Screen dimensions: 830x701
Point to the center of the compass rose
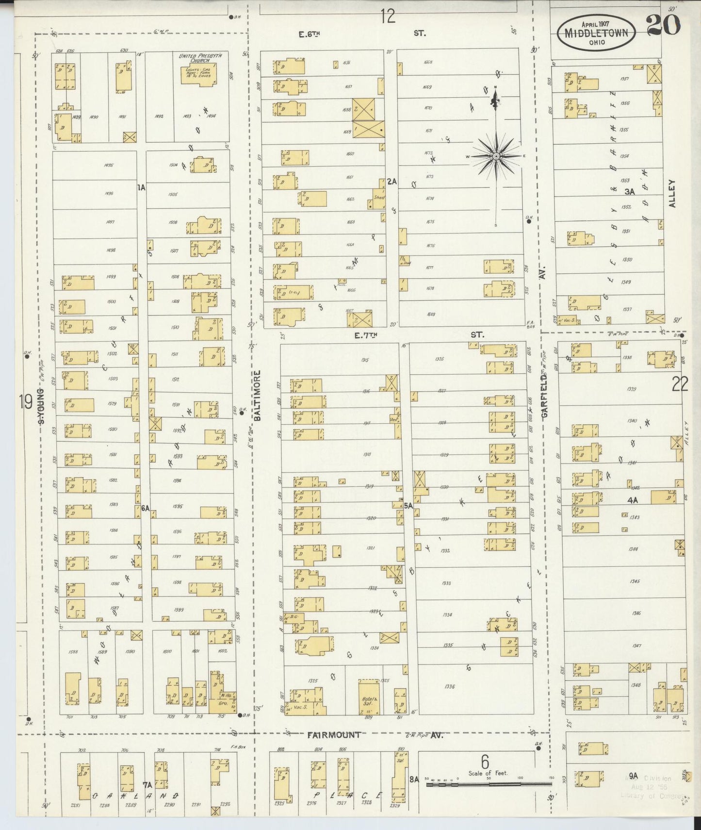[x=496, y=156]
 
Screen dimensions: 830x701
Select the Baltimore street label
[x=258, y=395]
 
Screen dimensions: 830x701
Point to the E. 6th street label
[x=310, y=33]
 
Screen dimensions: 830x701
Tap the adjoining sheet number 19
[x=25, y=401]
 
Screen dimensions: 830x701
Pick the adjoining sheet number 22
[x=680, y=385]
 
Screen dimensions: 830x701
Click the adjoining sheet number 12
[x=388, y=17]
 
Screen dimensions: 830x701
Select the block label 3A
[x=629, y=192]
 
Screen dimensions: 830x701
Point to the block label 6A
[x=145, y=508]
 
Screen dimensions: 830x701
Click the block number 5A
[x=408, y=505]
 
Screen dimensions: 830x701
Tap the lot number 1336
[x=449, y=687]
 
